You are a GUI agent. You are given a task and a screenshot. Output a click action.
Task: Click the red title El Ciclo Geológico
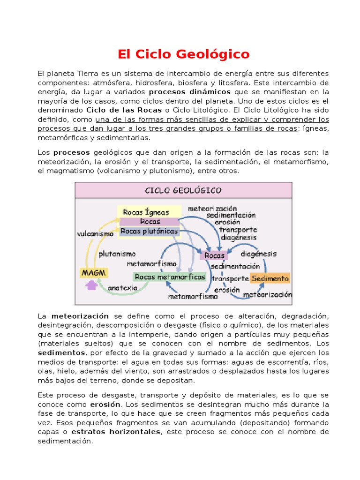[x=183, y=54]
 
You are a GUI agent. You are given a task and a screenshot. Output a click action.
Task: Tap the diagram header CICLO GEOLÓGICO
[x=183, y=190]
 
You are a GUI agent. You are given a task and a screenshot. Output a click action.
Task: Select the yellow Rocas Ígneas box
[x=146, y=212]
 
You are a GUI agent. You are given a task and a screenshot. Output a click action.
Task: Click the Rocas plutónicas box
[x=149, y=231]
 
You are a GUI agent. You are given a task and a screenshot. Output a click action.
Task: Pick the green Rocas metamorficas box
[x=170, y=277]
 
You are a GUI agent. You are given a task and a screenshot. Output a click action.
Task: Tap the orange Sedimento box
[x=270, y=278]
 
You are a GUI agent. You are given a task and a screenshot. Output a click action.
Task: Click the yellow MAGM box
[x=93, y=272]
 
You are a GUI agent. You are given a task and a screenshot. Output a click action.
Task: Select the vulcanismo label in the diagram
[x=96, y=233]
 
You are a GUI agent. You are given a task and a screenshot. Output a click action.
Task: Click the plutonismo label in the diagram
[x=117, y=254]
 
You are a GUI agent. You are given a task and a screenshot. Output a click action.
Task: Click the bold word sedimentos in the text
[x=61, y=352]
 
